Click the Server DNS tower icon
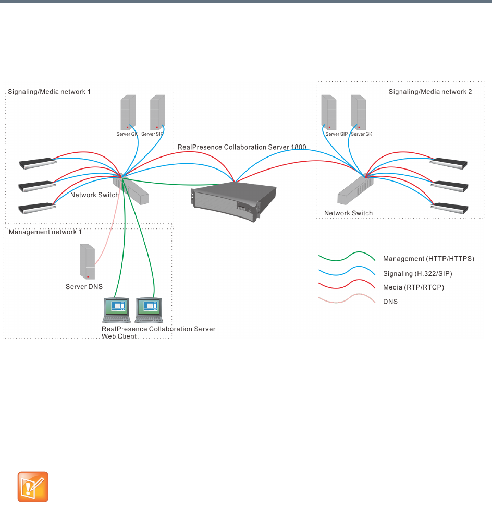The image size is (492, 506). point(87,261)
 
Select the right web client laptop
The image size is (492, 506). point(149,310)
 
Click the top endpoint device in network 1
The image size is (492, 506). point(36,163)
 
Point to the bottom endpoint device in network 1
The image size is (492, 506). point(36,208)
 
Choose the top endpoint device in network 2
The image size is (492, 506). point(449,163)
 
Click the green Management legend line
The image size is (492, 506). point(347,258)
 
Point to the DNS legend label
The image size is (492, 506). point(390,302)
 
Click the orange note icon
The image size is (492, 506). point(33,487)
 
